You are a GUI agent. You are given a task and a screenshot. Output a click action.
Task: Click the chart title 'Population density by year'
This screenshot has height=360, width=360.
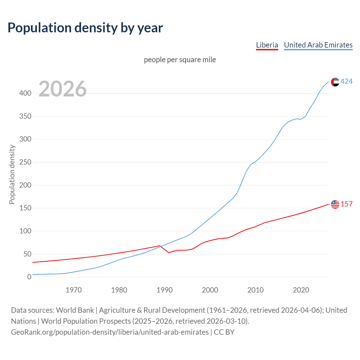(85, 28)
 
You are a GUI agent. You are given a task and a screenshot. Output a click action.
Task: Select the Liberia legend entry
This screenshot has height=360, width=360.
(267, 45)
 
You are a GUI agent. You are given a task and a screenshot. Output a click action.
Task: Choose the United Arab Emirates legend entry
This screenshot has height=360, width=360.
(318, 45)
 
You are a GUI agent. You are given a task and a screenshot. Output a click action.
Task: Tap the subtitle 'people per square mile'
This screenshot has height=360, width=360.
(180, 60)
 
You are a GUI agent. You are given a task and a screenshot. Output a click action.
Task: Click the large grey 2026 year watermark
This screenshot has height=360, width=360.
(62, 89)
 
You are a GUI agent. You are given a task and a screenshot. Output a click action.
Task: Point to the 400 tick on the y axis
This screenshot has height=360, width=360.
(25, 93)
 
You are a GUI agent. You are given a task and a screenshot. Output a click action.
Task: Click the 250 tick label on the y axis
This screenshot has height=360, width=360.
(25, 162)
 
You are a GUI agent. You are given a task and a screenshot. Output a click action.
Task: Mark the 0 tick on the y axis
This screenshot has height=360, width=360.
(29, 277)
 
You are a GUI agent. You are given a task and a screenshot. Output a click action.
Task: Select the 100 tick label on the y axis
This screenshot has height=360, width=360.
(25, 231)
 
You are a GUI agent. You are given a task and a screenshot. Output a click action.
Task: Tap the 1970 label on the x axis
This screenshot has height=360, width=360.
(74, 290)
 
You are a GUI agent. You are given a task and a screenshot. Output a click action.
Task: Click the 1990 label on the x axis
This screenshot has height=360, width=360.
(165, 290)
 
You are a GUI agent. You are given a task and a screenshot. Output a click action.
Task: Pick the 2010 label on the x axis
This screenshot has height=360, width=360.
(255, 290)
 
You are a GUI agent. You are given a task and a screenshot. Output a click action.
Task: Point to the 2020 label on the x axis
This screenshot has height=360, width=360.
(301, 290)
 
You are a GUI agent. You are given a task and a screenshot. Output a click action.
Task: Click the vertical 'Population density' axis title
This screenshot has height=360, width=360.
(12, 174)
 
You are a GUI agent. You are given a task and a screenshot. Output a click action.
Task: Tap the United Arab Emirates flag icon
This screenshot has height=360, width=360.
(335, 82)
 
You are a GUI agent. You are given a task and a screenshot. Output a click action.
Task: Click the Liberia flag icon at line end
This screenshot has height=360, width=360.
(335, 204)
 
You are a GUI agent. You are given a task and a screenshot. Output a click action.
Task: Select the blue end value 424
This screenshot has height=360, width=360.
(346, 82)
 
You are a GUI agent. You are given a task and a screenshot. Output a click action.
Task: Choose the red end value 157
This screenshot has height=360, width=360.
(346, 204)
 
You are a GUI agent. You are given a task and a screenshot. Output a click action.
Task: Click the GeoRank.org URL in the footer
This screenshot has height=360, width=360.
(110, 332)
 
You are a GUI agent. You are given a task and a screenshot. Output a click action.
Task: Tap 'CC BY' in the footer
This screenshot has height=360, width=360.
(224, 332)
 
